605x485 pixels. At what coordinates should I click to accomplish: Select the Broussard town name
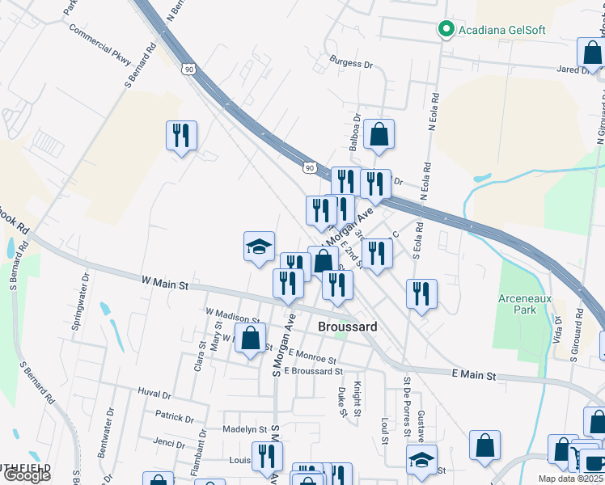pos(348,327)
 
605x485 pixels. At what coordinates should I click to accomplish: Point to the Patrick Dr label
pos(175,418)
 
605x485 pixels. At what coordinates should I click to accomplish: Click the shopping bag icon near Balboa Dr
pos(379,134)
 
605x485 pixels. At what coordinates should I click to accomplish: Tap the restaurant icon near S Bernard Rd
pos(181,135)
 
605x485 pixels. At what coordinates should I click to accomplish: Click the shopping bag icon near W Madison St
pos(251,338)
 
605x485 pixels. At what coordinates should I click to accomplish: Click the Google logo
pos(27,475)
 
